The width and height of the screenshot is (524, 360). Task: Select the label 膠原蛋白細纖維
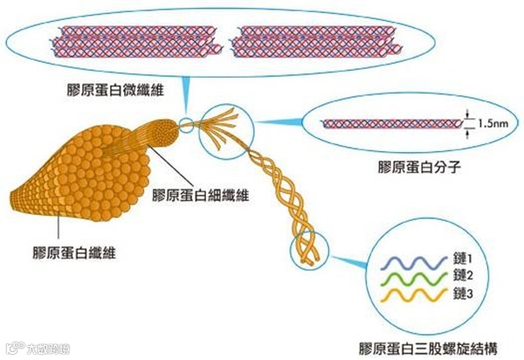[x=201, y=194]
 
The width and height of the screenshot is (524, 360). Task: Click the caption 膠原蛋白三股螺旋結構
[x=429, y=346]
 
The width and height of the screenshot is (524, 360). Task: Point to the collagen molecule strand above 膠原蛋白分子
[x=390, y=125]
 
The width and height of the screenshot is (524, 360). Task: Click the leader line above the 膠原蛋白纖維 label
[x=59, y=228]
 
